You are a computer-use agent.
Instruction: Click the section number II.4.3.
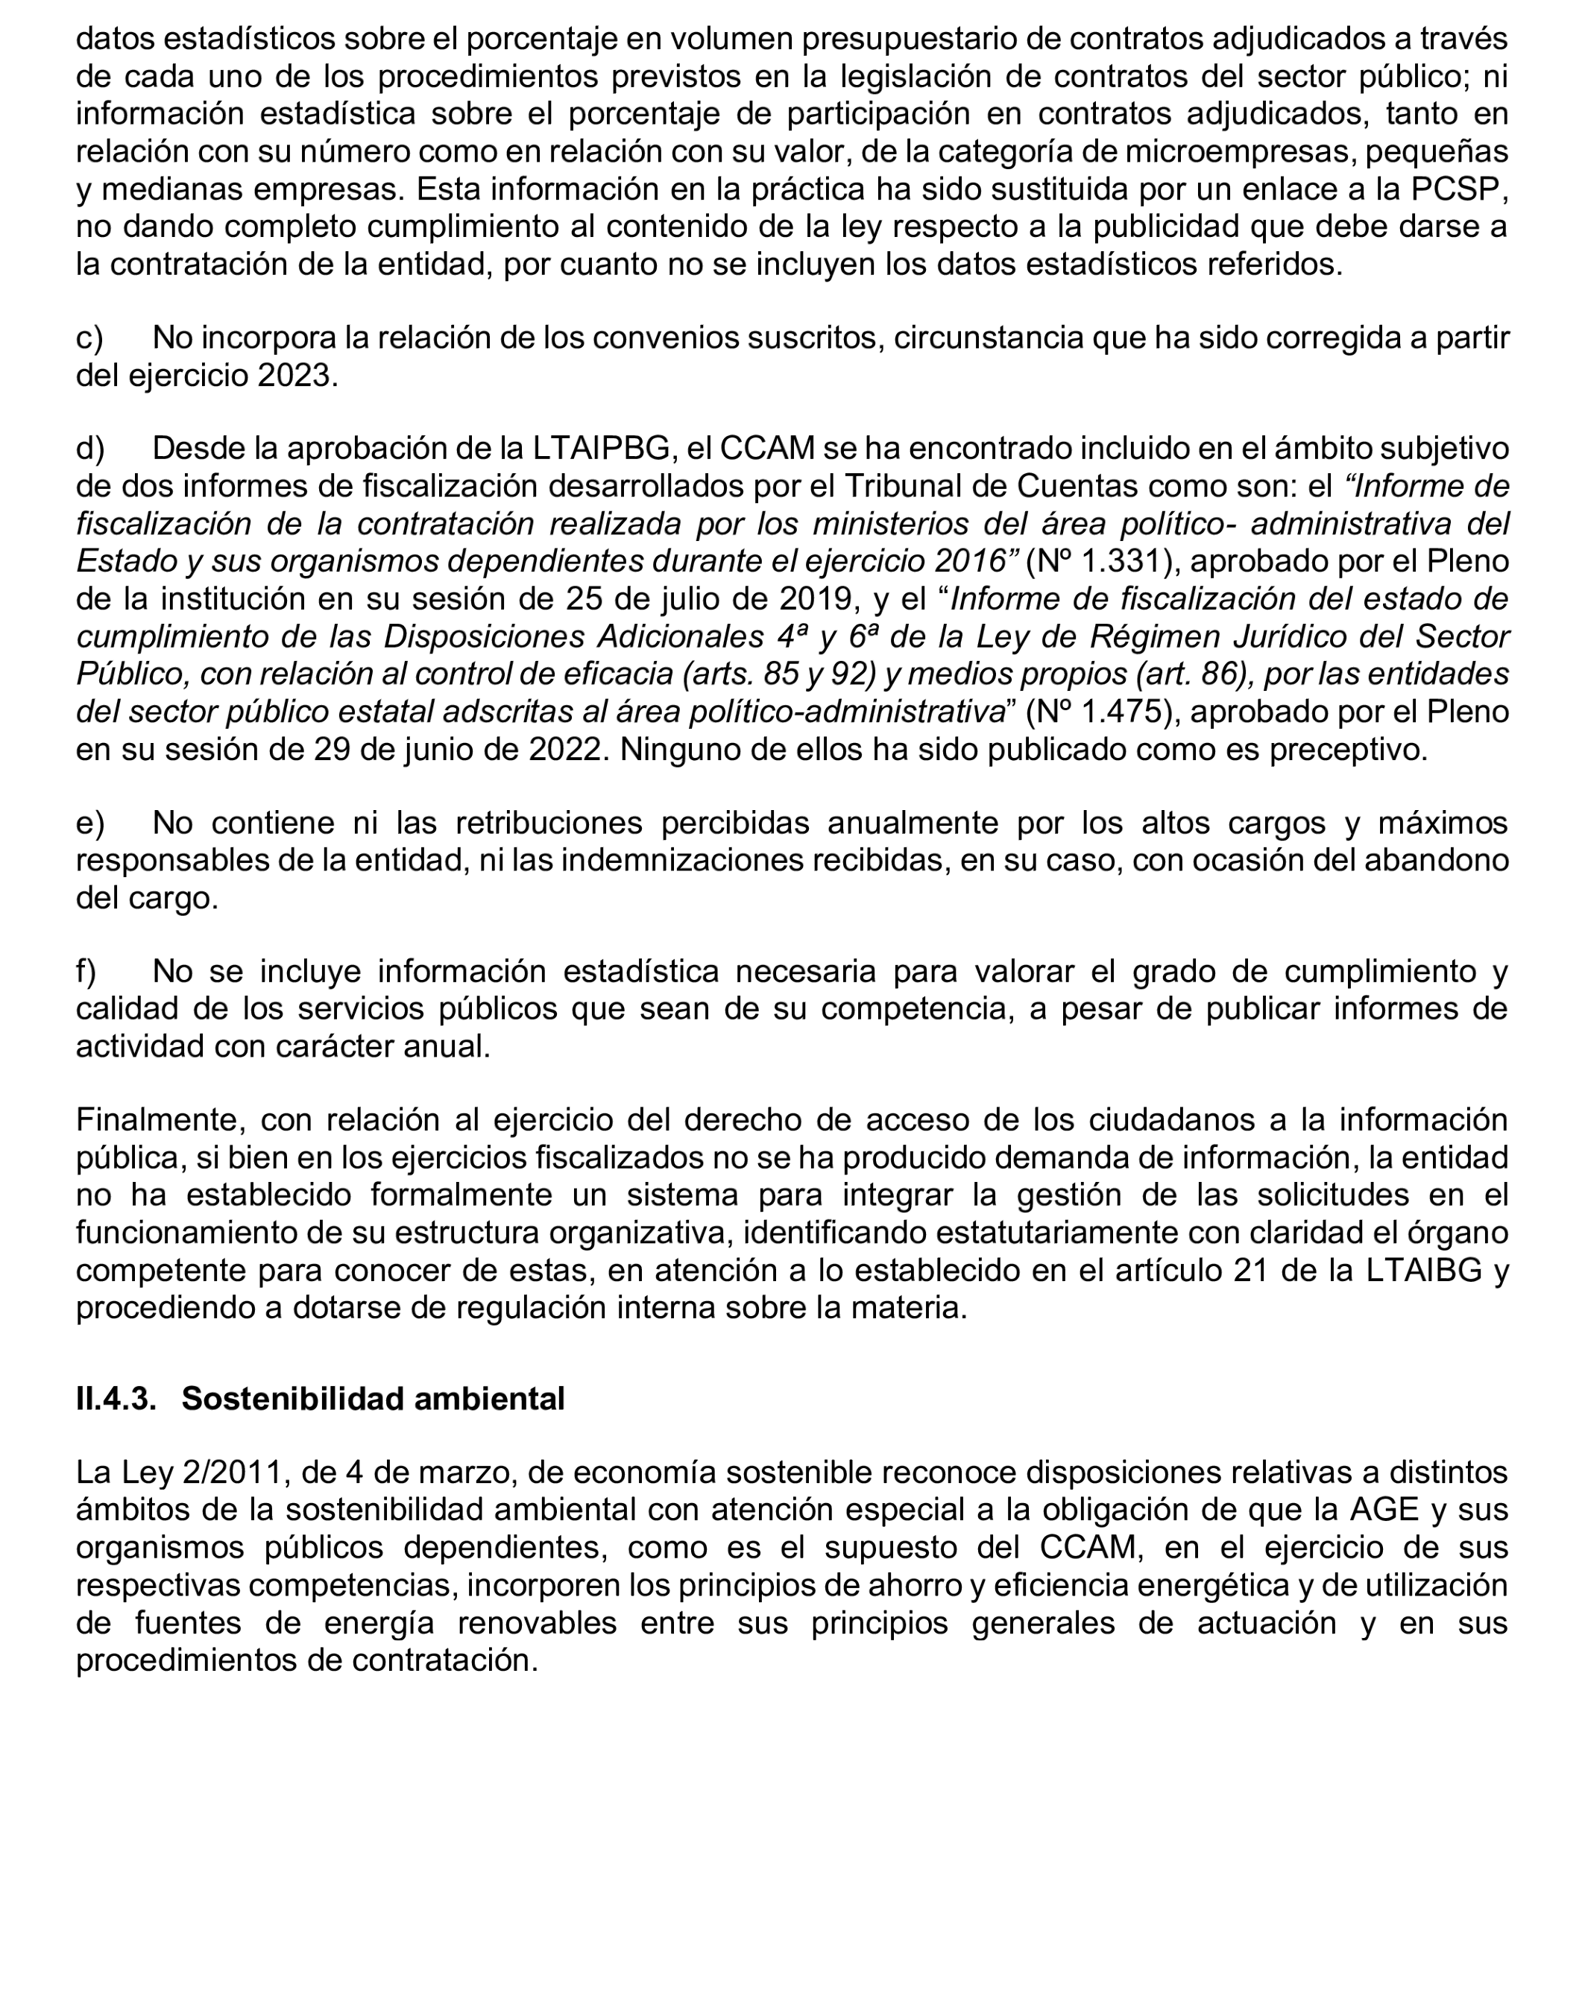pyautogui.click(x=116, y=1399)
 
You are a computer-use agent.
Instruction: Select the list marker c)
pyautogui.click(x=89, y=338)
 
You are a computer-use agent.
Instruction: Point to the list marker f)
pyautogui.click(x=86, y=971)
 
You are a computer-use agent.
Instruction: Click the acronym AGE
pyautogui.click(x=1384, y=1510)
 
